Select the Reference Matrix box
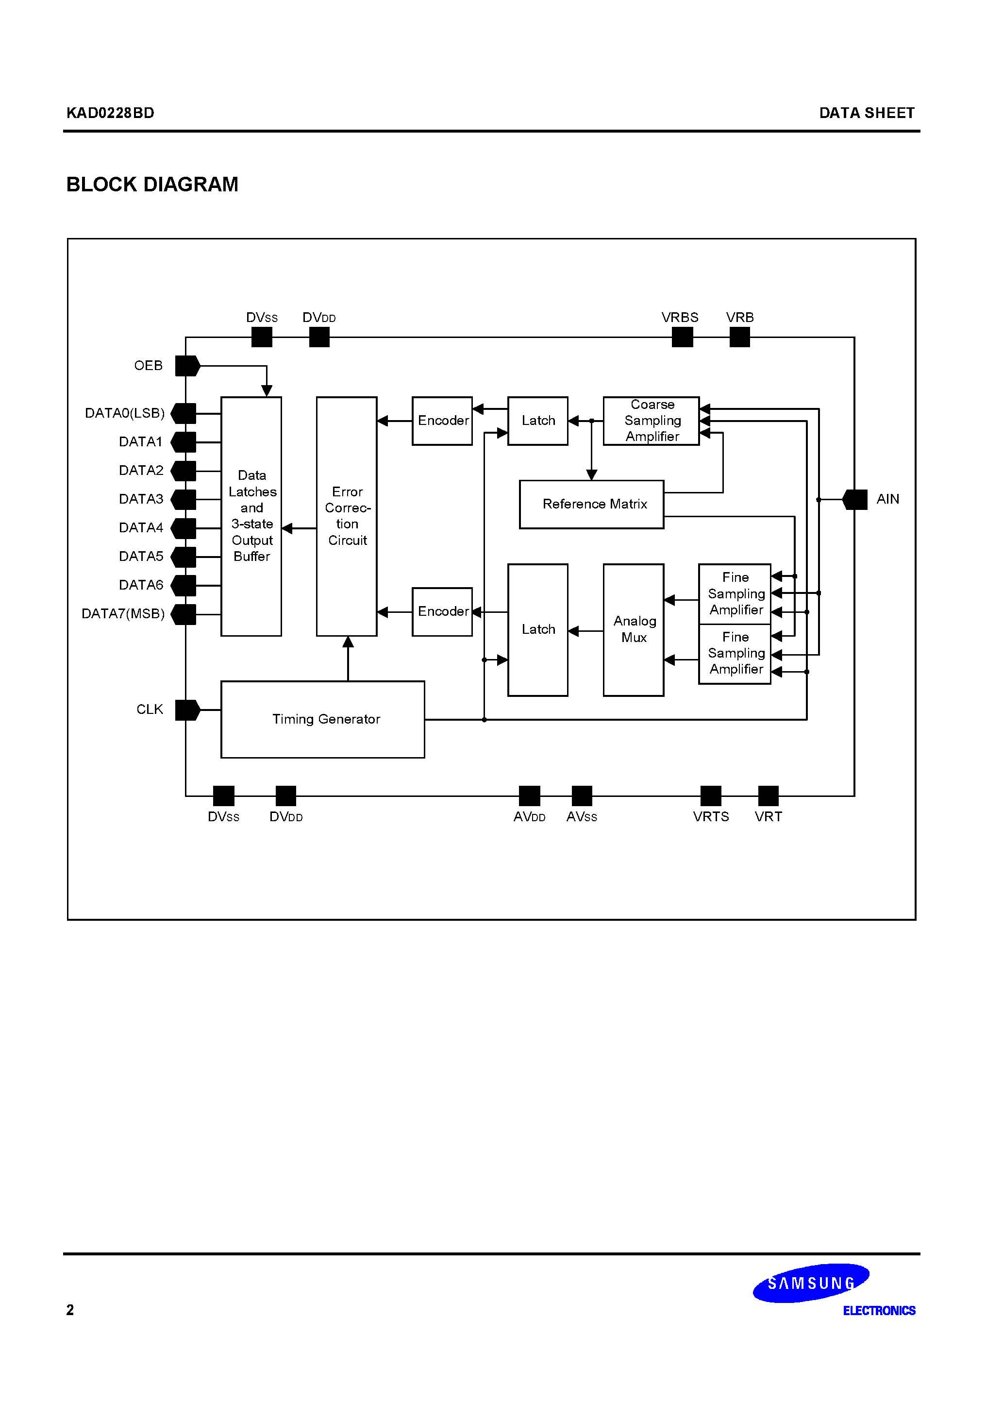tap(591, 504)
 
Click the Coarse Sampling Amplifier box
tap(651, 421)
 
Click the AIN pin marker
tap(855, 499)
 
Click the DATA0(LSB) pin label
tap(124, 413)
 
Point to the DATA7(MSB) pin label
tap(123, 613)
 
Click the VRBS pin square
tap(682, 337)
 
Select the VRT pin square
tap(768, 795)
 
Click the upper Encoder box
tap(442, 421)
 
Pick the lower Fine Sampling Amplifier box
tap(735, 654)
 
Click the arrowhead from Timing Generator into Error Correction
tap(348, 642)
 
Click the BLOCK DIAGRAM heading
tap(152, 185)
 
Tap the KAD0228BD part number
tap(110, 113)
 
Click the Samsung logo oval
tap(811, 1284)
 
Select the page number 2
tap(70, 1310)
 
